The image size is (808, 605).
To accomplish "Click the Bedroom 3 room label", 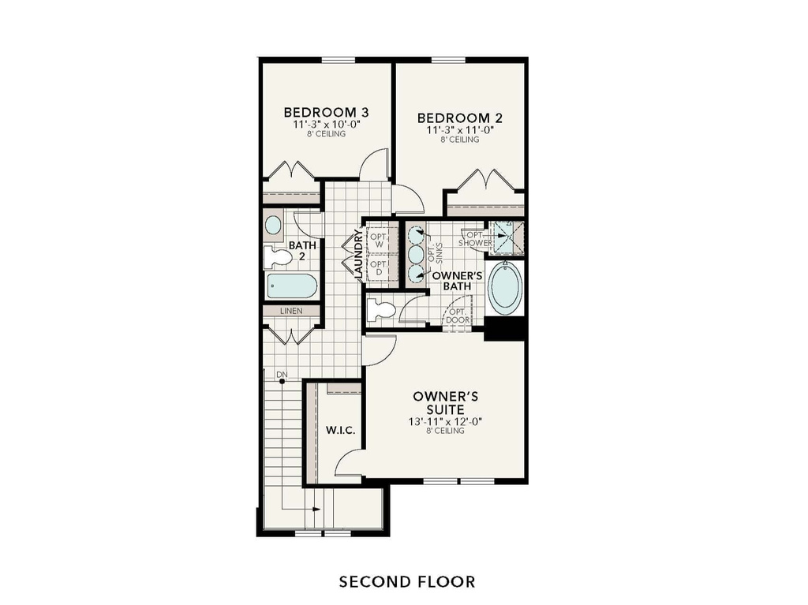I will [327, 111].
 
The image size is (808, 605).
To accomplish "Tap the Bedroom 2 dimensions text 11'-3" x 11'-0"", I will [459, 130].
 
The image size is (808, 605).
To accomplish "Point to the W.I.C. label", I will [340, 431].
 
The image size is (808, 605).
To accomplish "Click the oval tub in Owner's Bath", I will [505, 288].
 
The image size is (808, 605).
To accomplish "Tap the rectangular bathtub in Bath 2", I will [292, 286].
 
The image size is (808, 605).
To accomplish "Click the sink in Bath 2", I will [273, 225].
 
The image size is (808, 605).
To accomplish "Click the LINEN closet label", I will [291, 312].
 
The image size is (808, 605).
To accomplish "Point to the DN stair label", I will [281, 374].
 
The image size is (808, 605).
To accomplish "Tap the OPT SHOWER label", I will [475, 238].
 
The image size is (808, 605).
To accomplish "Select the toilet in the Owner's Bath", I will [383, 310].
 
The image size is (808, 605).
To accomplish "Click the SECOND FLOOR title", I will [407, 582].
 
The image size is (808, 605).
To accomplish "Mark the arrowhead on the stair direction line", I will [316, 509].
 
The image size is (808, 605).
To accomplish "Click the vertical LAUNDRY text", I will [359, 254].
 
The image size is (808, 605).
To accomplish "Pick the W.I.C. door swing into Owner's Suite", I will [348, 465].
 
